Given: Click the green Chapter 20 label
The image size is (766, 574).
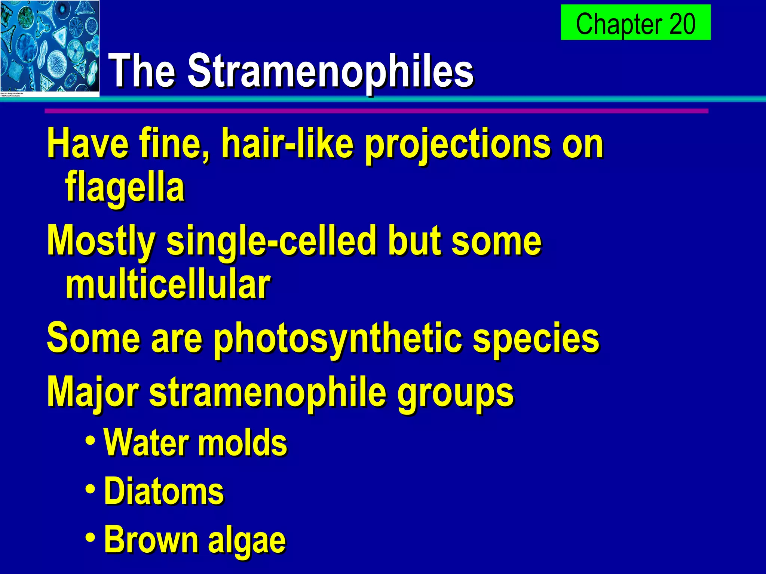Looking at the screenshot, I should click(x=635, y=22).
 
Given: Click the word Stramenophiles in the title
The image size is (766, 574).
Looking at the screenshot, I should click(x=331, y=70).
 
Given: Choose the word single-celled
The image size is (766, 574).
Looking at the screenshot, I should click(x=270, y=241).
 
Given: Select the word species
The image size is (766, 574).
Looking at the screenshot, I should click(x=536, y=339).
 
